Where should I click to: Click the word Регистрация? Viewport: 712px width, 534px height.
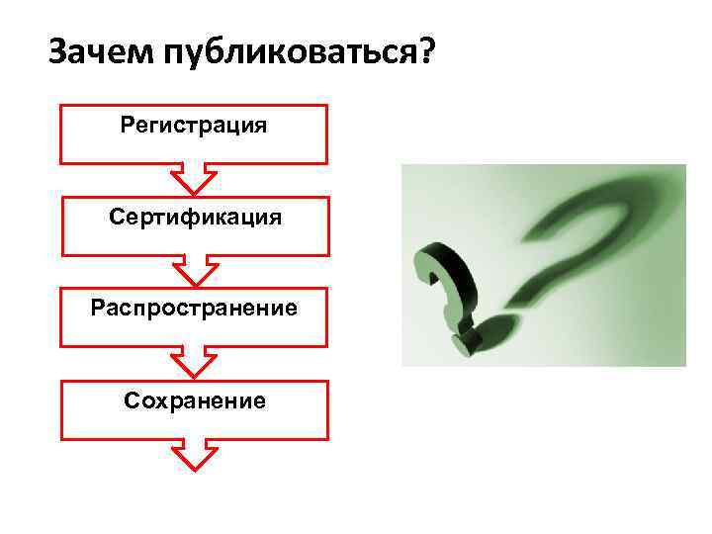click(x=194, y=126)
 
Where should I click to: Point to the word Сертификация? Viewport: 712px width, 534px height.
click(x=195, y=217)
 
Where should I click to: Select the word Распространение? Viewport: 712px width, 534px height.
click(x=194, y=308)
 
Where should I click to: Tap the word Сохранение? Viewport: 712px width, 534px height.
click(x=195, y=400)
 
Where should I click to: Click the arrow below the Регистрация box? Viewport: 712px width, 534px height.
click(x=194, y=179)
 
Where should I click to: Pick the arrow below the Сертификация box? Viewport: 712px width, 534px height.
click(x=194, y=270)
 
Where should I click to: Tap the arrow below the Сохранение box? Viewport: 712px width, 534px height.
click(x=194, y=454)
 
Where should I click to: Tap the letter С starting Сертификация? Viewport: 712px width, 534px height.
click(x=117, y=216)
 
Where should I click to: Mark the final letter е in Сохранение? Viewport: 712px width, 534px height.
click(x=259, y=400)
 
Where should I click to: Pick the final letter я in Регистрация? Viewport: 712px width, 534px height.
click(x=260, y=126)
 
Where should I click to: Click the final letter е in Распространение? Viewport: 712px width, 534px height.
click(x=291, y=308)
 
